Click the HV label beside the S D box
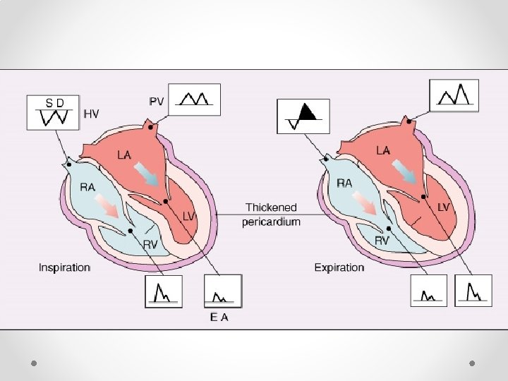point(92,113)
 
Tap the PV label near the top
point(157,102)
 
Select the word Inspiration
point(64,267)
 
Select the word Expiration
point(339,267)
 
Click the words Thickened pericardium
point(271,214)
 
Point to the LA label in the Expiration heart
point(382,150)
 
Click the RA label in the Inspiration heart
point(88,187)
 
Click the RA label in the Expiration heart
point(345,183)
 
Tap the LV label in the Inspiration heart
point(188,217)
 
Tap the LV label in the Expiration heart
point(443,207)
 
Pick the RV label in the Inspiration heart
point(150,244)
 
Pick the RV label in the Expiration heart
point(382,241)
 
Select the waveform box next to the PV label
point(195,99)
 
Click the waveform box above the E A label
point(222,291)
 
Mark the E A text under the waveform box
point(219,317)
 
